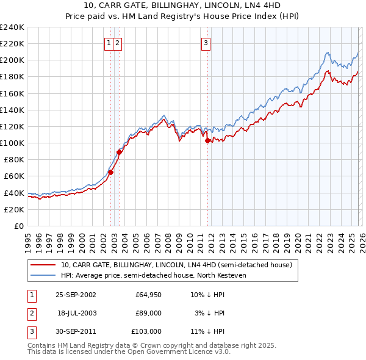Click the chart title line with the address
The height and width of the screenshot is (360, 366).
(x=183, y=5)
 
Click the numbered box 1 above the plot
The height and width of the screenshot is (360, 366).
(x=109, y=43)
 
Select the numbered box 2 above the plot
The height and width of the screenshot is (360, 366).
(x=117, y=43)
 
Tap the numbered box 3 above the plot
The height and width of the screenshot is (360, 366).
(x=206, y=43)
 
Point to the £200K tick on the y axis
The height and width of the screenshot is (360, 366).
(x=12, y=60)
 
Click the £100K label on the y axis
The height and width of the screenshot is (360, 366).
(x=12, y=143)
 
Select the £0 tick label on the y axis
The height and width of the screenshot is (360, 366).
(x=18, y=226)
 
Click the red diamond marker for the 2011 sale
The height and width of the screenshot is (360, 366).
(x=208, y=140)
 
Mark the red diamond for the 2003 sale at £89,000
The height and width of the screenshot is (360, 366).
(x=120, y=152)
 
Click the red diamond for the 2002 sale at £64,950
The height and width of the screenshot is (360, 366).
(x=111, y=172)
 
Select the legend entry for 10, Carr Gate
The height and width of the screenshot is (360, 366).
(x=176, y=265)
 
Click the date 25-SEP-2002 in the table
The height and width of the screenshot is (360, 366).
(x=76, y=295)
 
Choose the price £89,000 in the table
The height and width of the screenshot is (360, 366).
(x=148, y=313)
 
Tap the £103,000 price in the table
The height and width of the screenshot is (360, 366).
(x=146, y=331)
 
